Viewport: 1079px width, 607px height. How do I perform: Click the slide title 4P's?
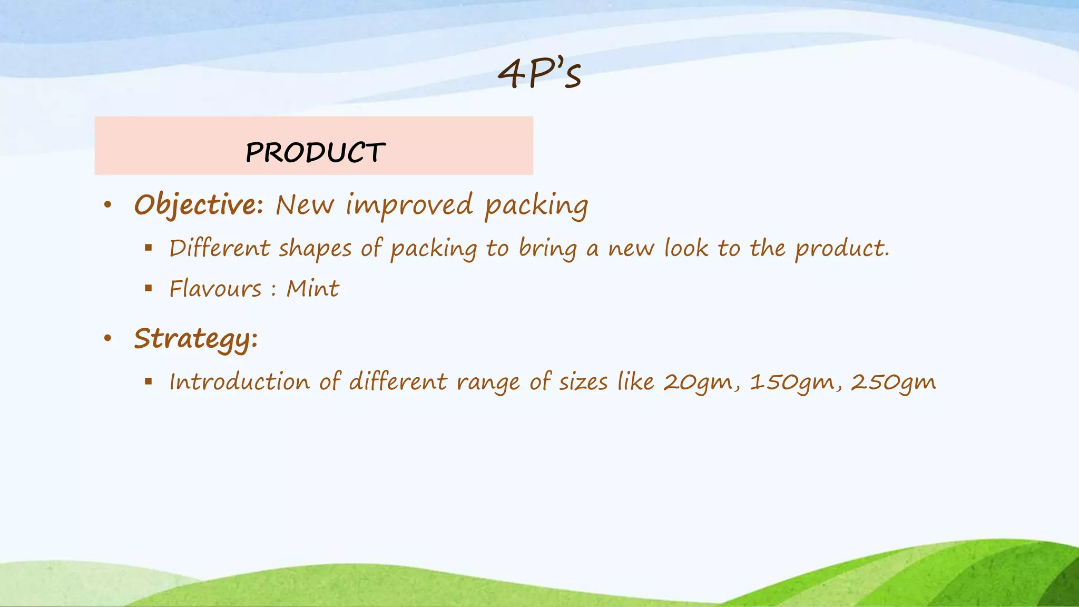pos(539,74)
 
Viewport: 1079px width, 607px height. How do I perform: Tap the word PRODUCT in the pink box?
pos(315,153)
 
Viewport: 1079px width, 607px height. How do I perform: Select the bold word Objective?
pos(199,205)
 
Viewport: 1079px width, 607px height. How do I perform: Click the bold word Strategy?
pos(195,339)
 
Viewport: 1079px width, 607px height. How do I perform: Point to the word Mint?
pos(312,289)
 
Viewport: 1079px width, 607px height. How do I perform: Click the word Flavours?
pos(215,289)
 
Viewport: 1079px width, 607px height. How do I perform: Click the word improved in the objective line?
pos(409,205)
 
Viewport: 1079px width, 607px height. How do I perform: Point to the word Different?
pos(220,248)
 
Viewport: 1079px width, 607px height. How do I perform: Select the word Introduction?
pos(239,381)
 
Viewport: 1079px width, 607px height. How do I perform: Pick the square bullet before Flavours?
pos(149,288)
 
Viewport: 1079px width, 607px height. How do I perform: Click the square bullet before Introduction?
pos(149,381)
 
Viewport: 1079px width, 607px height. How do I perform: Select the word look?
pos(686,248)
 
